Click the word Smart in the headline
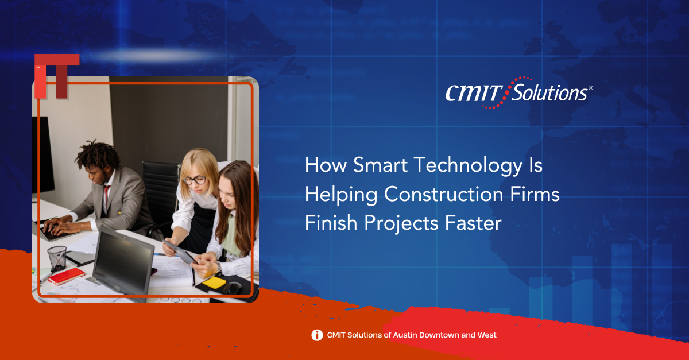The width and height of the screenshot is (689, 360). [x=381, y=165]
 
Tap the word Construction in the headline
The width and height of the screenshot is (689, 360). [x=444, y=195]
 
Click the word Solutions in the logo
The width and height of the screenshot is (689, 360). [x=549, y=92]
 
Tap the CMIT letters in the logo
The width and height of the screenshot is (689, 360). [x=474, y=93]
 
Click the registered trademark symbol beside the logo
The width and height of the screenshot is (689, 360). [x=591, y=88]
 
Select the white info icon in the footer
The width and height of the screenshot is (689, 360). [x=317, y=335]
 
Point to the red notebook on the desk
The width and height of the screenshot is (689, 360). [x=66, y=276]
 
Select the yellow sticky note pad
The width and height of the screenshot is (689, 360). [x=214, y=282]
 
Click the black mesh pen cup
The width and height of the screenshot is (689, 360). [x=57, y=258]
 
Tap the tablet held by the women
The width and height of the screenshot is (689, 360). [x=180, y=252]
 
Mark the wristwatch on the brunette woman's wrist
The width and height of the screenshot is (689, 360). [x=219, y=269]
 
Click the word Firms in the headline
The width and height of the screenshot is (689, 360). [x=535, y=195]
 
